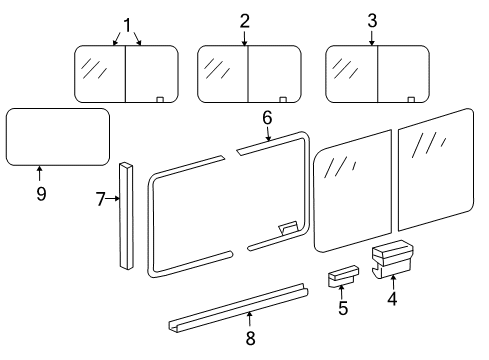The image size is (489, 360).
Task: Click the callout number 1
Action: (x=127, y=23)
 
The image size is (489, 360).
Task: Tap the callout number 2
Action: (x=246, y=22)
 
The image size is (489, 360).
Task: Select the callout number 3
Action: (x=372, y=22)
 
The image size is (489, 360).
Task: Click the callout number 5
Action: (x=343, y=308)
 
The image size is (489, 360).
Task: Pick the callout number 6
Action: (x=267, y=118)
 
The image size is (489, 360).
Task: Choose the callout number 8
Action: (x=250, y=338)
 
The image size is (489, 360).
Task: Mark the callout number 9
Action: (x=41, y=193)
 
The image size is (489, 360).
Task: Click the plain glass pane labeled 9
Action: (x=57, y=136)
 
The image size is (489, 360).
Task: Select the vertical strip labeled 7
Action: (x=127, y=215)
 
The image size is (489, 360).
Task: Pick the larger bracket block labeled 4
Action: (x=392, y=260)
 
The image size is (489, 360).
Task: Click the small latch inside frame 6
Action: (x=289, y=228)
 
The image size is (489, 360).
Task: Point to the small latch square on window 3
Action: (x=411, y=98)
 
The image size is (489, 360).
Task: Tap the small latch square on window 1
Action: (x=160, y=98)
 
